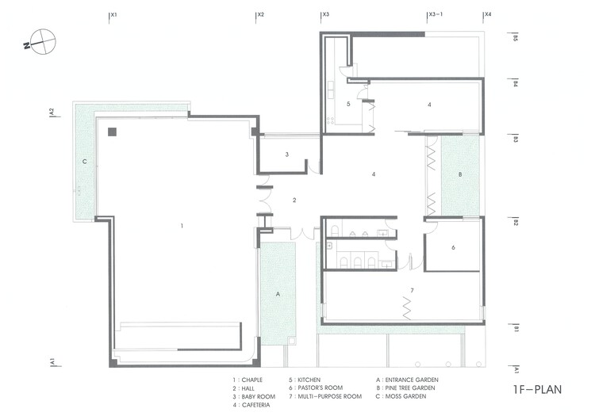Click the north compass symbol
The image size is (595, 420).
click(42, 42)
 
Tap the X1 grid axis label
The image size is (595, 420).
click(113, 14)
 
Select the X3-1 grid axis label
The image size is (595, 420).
click(436, 14)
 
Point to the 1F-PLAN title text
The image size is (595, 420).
click(537, 390)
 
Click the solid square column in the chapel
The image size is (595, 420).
click(112, 132)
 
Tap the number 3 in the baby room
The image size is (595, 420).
click(287, 155)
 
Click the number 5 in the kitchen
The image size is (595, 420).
click(348, 104)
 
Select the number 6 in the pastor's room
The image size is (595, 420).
click(453, 247)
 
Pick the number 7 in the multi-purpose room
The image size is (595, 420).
click(412, 290)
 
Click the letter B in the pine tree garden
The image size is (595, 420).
click(460, 175)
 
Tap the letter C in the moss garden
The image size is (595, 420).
click(85, 162)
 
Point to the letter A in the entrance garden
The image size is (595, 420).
click(278, 294)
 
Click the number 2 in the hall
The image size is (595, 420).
click(294, 200)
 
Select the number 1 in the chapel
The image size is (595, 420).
click(182, 226)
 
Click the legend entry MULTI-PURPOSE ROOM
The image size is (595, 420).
click(330, 396)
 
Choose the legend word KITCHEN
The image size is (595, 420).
click(309, 380)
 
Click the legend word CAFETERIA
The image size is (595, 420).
click(255, 405)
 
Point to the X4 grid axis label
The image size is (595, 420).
click(488, 14)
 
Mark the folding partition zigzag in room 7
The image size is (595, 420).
click(406, 308)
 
